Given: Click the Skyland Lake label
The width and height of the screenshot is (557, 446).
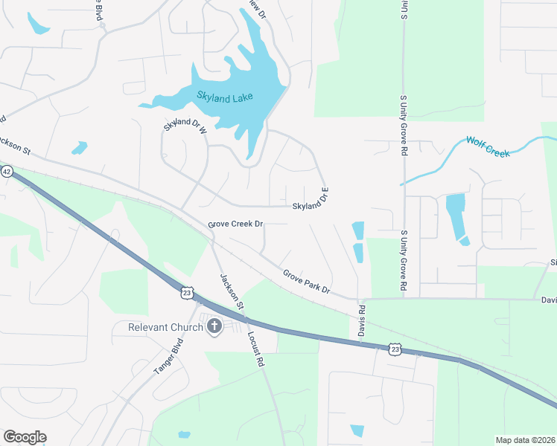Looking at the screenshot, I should pyautogui.click(x=225, y=96).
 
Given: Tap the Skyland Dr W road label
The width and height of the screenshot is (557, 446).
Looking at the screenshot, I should pyautogui.click(x=184, y=126).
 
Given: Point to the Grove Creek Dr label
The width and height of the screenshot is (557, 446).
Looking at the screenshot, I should pyautogui.click(x=236, y=224).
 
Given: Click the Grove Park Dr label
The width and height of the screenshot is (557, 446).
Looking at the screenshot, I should pyautogui.click(x=305, y=281).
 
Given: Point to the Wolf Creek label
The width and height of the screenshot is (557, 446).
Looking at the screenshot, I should pyautogui.click(x=488, y=146).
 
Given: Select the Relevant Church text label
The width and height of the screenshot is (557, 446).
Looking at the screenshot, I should pyautogui.click(x=165, y=327).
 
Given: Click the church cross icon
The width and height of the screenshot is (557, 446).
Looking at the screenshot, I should pyautogui.click(x=214, y=326).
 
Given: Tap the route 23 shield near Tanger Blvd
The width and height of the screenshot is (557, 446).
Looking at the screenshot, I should pyautogui.click(x=187, y=293).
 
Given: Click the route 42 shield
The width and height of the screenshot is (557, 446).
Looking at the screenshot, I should pyautogui.click(x=6, y=171).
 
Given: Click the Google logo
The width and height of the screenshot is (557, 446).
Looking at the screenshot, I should pyautogui.click(x=25, y=436).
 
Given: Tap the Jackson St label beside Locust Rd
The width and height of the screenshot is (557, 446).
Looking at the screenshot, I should pyautogui.click(x=232, y=292).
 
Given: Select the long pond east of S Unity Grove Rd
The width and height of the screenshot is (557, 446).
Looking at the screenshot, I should pyautogui.click(x=456, y=216).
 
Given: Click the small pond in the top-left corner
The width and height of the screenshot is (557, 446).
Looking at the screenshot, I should pyautogui.click(x=37, y=25).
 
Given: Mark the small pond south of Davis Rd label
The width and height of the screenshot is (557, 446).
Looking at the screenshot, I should pyautogui.click(x=357, y=430).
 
